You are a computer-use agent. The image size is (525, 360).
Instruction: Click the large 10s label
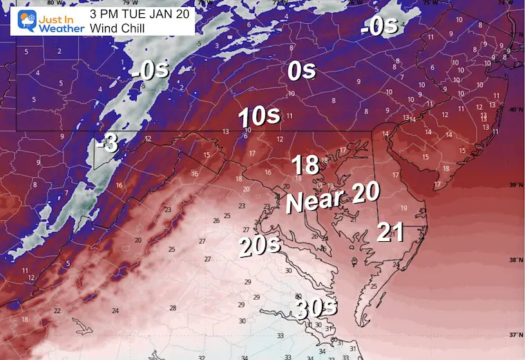point(259,117)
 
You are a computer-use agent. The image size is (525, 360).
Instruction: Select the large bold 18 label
point(305,165)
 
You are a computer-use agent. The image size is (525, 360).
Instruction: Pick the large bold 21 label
point(390,233)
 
